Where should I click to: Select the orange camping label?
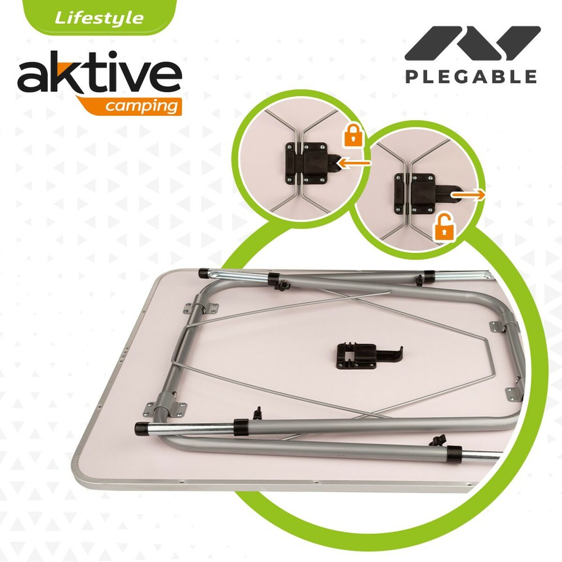click(140, 106)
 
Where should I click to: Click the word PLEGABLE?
click(471, 76)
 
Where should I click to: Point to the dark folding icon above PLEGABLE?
click(472, 43)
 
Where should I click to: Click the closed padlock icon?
click(354, 135)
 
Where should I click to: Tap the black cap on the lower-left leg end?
click(140, 427)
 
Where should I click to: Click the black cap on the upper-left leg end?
click(204, 273)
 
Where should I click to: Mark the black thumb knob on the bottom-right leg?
click(438, 440)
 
